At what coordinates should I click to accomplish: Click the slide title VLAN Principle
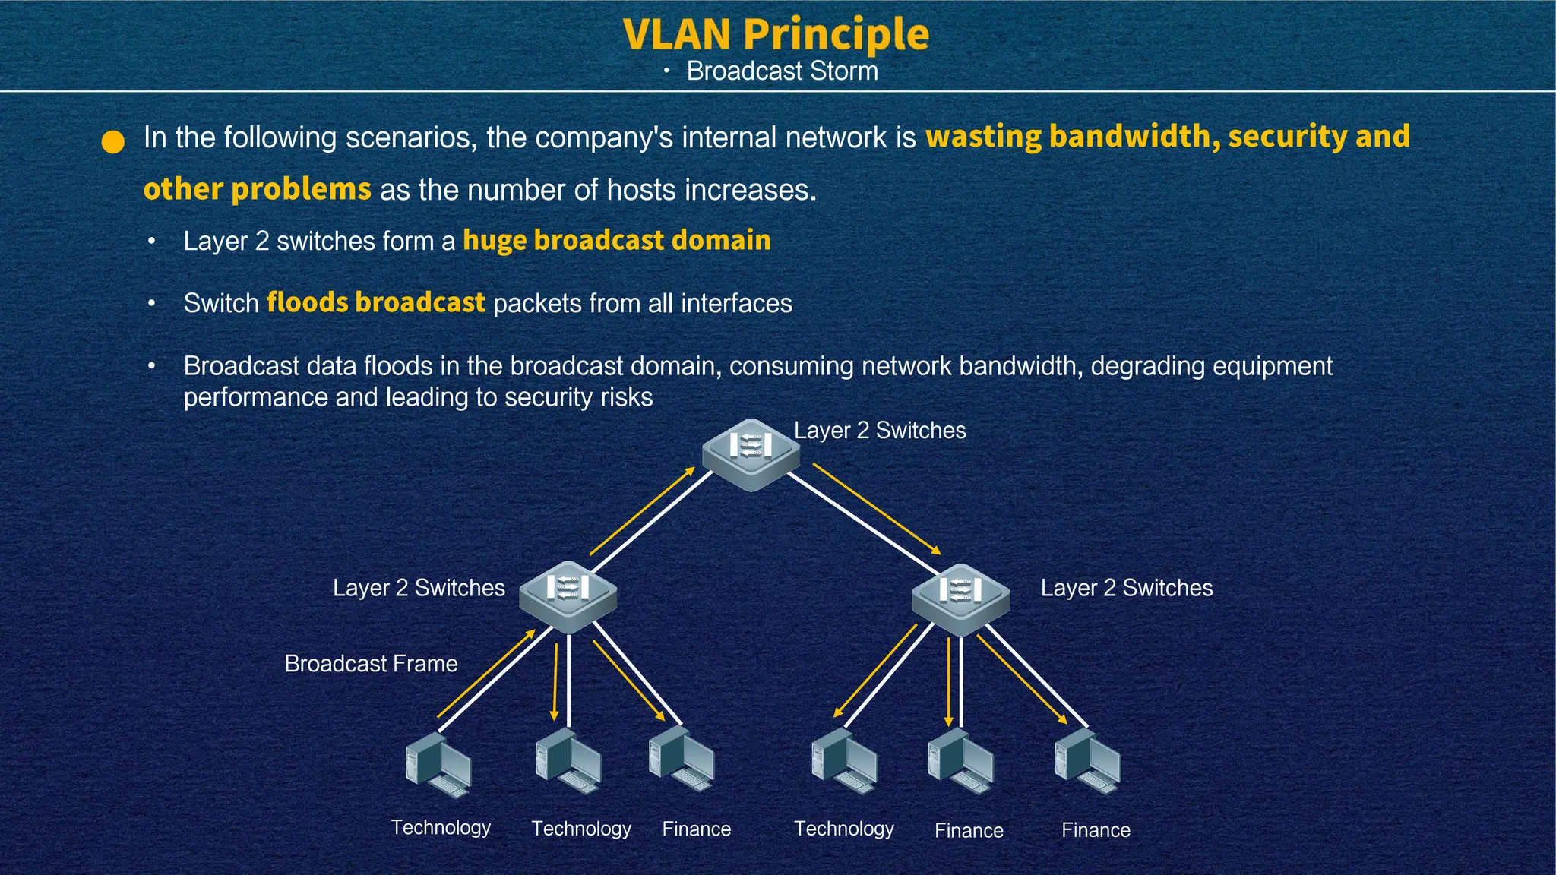[776, 34]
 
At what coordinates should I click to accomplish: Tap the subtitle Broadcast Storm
[782, 71]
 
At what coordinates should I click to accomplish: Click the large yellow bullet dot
[113, 142]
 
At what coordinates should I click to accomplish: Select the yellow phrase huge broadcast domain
[616, 241]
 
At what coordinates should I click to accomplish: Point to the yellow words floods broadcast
[375, 303]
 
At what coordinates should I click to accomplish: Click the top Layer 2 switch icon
[751, 453]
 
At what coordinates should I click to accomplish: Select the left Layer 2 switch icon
[568, 596]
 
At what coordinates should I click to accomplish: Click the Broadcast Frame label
[371, 664]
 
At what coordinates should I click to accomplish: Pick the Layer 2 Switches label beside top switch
[880, 431]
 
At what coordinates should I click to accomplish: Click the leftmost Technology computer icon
[438, 765]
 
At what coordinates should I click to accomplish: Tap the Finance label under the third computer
[696, 829]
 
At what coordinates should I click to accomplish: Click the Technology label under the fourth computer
[843, 829]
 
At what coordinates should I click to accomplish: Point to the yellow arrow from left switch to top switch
[642, 511]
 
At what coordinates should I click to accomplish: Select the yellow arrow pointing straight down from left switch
[555, 682]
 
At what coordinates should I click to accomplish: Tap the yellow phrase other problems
[257, 190]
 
